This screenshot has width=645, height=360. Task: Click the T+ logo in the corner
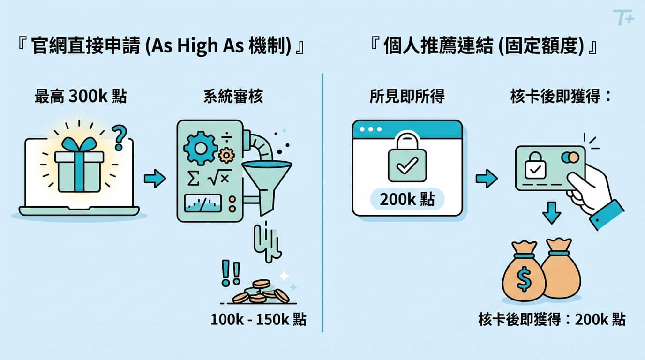(x=623, y=18)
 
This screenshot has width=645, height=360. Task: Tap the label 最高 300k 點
(x=80, y=97)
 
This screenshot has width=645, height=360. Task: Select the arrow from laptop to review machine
(x=154, y=179)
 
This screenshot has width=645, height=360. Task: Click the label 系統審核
(x=233, y=97)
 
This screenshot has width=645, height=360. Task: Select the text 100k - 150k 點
(x=258, y=320)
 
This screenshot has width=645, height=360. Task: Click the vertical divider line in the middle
(x=322, y=202)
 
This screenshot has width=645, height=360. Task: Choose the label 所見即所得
(x=407, y=97)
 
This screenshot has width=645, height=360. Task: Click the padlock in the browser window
(x=407, y=162)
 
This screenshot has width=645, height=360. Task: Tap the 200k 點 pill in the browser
(x=407, y=199)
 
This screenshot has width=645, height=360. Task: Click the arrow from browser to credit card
(x=486, y=179)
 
